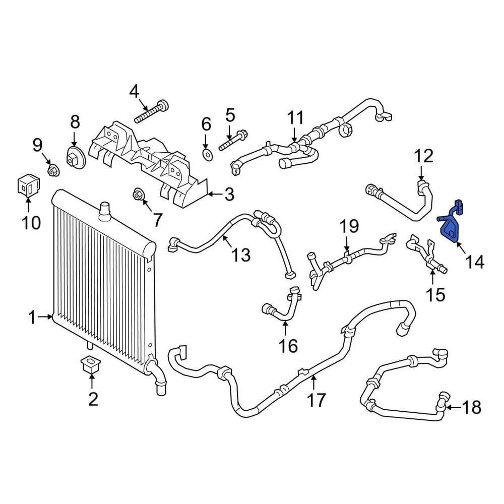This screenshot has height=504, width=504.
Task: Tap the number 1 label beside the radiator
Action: click(x=32, y=318)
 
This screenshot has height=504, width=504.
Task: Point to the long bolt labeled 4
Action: click(x=151, y=112)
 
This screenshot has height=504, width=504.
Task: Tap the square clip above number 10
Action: click(x=28, y=186)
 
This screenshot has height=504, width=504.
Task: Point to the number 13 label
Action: click(x=241, y=255)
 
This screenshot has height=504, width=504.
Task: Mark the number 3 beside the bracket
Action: click(x=229, y=194)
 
